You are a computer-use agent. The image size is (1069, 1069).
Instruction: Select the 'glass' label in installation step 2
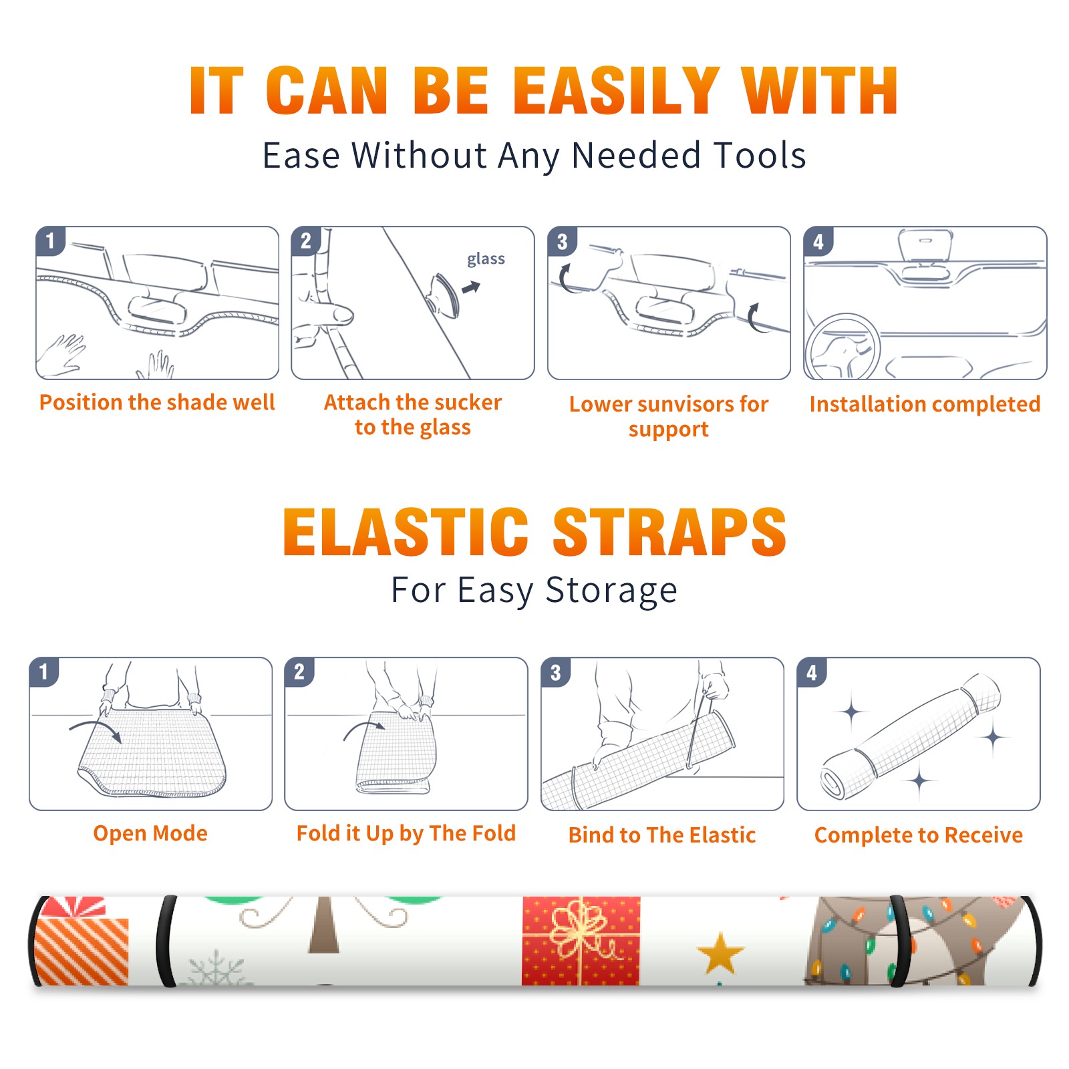pos(486,259)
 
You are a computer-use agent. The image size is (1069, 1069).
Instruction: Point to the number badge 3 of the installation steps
pos(562,241)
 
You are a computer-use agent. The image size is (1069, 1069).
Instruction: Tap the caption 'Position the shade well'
pos(157,402)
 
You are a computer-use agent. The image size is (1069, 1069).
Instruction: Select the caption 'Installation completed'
pos(925,404)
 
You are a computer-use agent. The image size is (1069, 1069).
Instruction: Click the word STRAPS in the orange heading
pos(669,532)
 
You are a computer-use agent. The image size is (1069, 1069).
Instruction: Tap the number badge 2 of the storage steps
pos(299,672)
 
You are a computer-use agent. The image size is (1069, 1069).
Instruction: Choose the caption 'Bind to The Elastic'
pos(662,835)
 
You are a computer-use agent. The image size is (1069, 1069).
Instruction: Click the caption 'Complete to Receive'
pos(919,835)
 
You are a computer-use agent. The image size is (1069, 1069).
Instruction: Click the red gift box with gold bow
pos(581,941)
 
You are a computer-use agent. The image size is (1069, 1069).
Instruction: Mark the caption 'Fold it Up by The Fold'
pos(406,833)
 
